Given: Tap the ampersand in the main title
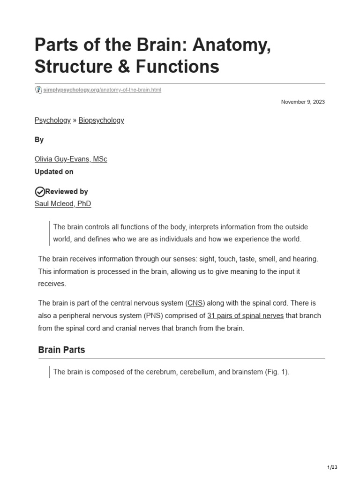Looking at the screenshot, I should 125,67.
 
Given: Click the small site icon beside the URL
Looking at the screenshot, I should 38,90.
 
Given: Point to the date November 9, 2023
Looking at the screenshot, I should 303,102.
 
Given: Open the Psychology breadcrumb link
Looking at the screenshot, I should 52,120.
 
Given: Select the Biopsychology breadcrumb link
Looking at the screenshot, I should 101,120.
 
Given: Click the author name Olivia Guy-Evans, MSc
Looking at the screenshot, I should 71,159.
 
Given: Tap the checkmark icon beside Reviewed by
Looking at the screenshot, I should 40,191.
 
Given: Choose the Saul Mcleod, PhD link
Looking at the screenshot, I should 63,203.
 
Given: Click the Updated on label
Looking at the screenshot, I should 54,172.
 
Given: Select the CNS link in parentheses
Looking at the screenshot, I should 196,303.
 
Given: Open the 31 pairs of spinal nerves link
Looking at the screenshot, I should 245,315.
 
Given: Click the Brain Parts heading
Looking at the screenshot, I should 61,350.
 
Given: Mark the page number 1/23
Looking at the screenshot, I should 332,467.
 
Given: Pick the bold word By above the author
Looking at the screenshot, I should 39,140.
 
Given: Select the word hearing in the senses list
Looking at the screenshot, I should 305,259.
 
